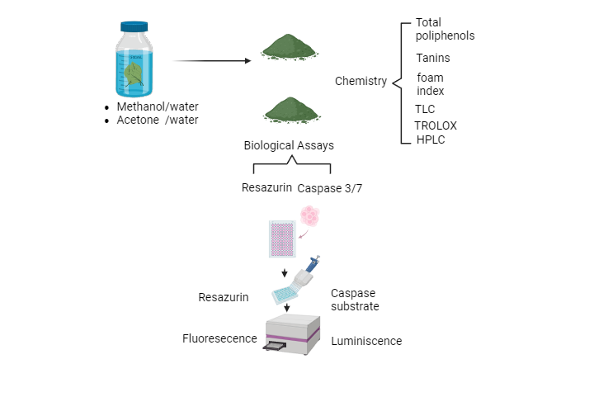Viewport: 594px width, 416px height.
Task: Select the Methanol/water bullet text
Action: pos(157,106)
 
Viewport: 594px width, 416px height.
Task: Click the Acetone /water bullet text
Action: pos(157,120)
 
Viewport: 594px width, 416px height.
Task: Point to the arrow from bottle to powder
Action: pos(212,60)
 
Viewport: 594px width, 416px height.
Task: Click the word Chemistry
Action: pos(361,81)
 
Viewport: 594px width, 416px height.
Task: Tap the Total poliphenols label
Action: pos(445,29)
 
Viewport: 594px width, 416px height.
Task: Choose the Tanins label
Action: pos(433,58)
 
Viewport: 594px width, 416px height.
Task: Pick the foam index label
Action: pos(430,84)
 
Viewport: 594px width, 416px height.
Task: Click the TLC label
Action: pos(425,109)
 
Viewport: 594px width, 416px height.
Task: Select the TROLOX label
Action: pos(435,125)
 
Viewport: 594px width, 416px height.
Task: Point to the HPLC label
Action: pos(430,139)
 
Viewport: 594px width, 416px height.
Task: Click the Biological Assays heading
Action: pos(289,145)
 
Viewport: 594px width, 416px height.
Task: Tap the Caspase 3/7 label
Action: pos(329,188)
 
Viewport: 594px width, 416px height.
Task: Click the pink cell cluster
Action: pos(309,217)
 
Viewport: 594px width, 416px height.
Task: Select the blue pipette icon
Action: pos(313,264)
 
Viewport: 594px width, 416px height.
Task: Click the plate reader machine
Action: pos(293,334)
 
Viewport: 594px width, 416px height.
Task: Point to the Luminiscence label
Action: pos(366,341)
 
